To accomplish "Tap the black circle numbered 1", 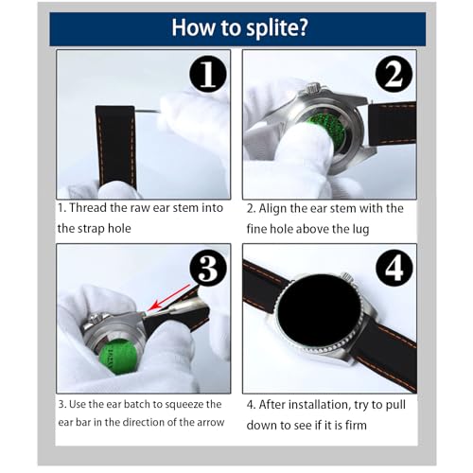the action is [x=208, y=74].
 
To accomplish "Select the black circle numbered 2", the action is [x=394, y=74].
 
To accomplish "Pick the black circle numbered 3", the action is [x=208, y=268].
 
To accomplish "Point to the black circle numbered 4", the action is [x=394, y=268].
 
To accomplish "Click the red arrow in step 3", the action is [x=169, y=297].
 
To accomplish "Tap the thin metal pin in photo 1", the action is [x=148, y=111].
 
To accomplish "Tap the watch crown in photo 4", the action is [x=347, y=277].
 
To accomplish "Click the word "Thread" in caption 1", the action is [x=86, y=208].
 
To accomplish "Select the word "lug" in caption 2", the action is [x=360, y=230].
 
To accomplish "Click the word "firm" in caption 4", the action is [x=356, y=426].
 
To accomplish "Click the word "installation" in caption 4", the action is [x=320, y=405].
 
